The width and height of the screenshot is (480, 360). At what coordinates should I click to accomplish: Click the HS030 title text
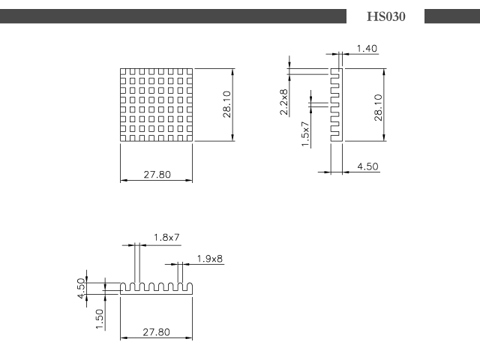(x=386, y=16)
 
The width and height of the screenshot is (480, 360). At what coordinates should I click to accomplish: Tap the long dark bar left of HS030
(x=173, y=16)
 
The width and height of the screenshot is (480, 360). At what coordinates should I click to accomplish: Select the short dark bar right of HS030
(x=452, y=16)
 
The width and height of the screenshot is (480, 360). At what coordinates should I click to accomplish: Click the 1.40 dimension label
(x=367, y=48)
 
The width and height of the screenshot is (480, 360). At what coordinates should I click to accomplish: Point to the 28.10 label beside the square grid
(x=226, y=104)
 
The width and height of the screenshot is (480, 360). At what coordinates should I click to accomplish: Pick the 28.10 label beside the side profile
(x=378, y=107)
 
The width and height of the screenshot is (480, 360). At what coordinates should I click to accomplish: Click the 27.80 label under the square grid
(x=157, y=175)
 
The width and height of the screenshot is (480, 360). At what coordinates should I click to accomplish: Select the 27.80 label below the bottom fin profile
(x=156, y=332)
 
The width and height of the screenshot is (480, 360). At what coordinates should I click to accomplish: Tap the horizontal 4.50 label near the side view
(x=367, y=166)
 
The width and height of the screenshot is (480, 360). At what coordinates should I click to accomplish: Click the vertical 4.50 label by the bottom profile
(x=81, y=288)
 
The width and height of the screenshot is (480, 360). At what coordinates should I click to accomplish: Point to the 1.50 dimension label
(x=100, y=319)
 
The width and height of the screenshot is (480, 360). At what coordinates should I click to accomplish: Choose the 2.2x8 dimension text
(x=283, y=102)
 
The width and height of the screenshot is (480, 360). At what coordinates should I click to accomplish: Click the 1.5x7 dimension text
(x=305, y=133)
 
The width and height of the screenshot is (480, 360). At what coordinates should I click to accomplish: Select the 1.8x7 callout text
(x=166, y=237)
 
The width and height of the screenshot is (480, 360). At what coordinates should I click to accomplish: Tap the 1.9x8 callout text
(x=210, y=259)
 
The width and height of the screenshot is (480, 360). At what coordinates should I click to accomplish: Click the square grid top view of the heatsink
(x=157, y=105)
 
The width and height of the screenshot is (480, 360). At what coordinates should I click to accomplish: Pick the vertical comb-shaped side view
(x=337, y=105)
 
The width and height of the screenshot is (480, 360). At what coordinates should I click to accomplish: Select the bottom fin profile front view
(x=157, y=289)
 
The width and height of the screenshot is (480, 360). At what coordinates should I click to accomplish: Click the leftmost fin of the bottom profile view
(x=122, y=286)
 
